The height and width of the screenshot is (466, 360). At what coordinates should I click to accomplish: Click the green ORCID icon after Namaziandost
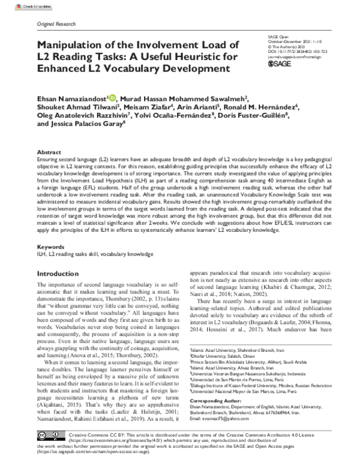(x=113, y=98)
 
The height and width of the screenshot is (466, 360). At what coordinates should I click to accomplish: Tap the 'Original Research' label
(x=56, y=24)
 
